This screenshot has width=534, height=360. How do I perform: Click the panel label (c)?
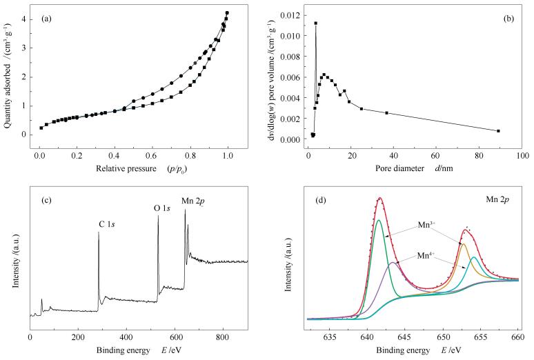pos(49,201)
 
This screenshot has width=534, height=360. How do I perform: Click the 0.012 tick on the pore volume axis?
pos(292,14)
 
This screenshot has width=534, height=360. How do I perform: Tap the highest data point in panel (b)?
pos(315,23)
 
